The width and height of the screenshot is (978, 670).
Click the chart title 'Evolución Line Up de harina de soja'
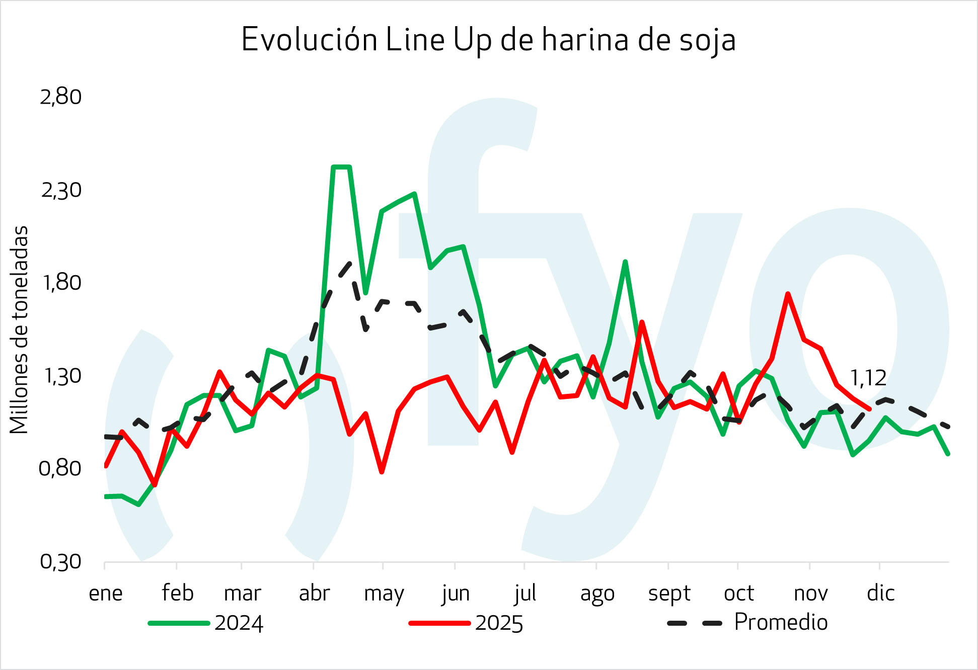click(x=488, y=40)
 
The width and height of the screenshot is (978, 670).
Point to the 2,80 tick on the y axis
click(x=61, y=97)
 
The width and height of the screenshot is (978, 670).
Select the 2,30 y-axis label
click(x=61, y=190)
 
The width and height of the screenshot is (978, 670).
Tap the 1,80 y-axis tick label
click(x=61, y=283)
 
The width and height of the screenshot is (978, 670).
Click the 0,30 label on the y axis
click(x=61, y=561)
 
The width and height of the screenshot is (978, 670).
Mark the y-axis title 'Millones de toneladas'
click(x=19, y=330)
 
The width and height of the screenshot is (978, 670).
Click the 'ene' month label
click(x=106, y=594)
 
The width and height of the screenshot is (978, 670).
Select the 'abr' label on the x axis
click(x=314, y=594)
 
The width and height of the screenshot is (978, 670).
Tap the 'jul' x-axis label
click(x=525, y=594)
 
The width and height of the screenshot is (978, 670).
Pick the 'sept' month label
click(x=669, y=594)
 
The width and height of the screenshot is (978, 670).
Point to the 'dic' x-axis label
click(x=880, y=594)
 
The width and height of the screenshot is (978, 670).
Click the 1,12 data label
click(x=868, y=378)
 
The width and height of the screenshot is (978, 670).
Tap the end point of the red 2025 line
click(x=869, y=409)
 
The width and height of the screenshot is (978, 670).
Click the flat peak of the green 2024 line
click(x=341, y=166)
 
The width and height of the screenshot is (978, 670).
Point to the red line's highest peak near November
click(x=787, y=294)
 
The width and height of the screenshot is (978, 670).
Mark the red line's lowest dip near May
click(x=382, y=472)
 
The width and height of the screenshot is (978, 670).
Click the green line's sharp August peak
click(x=625, y=262)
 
